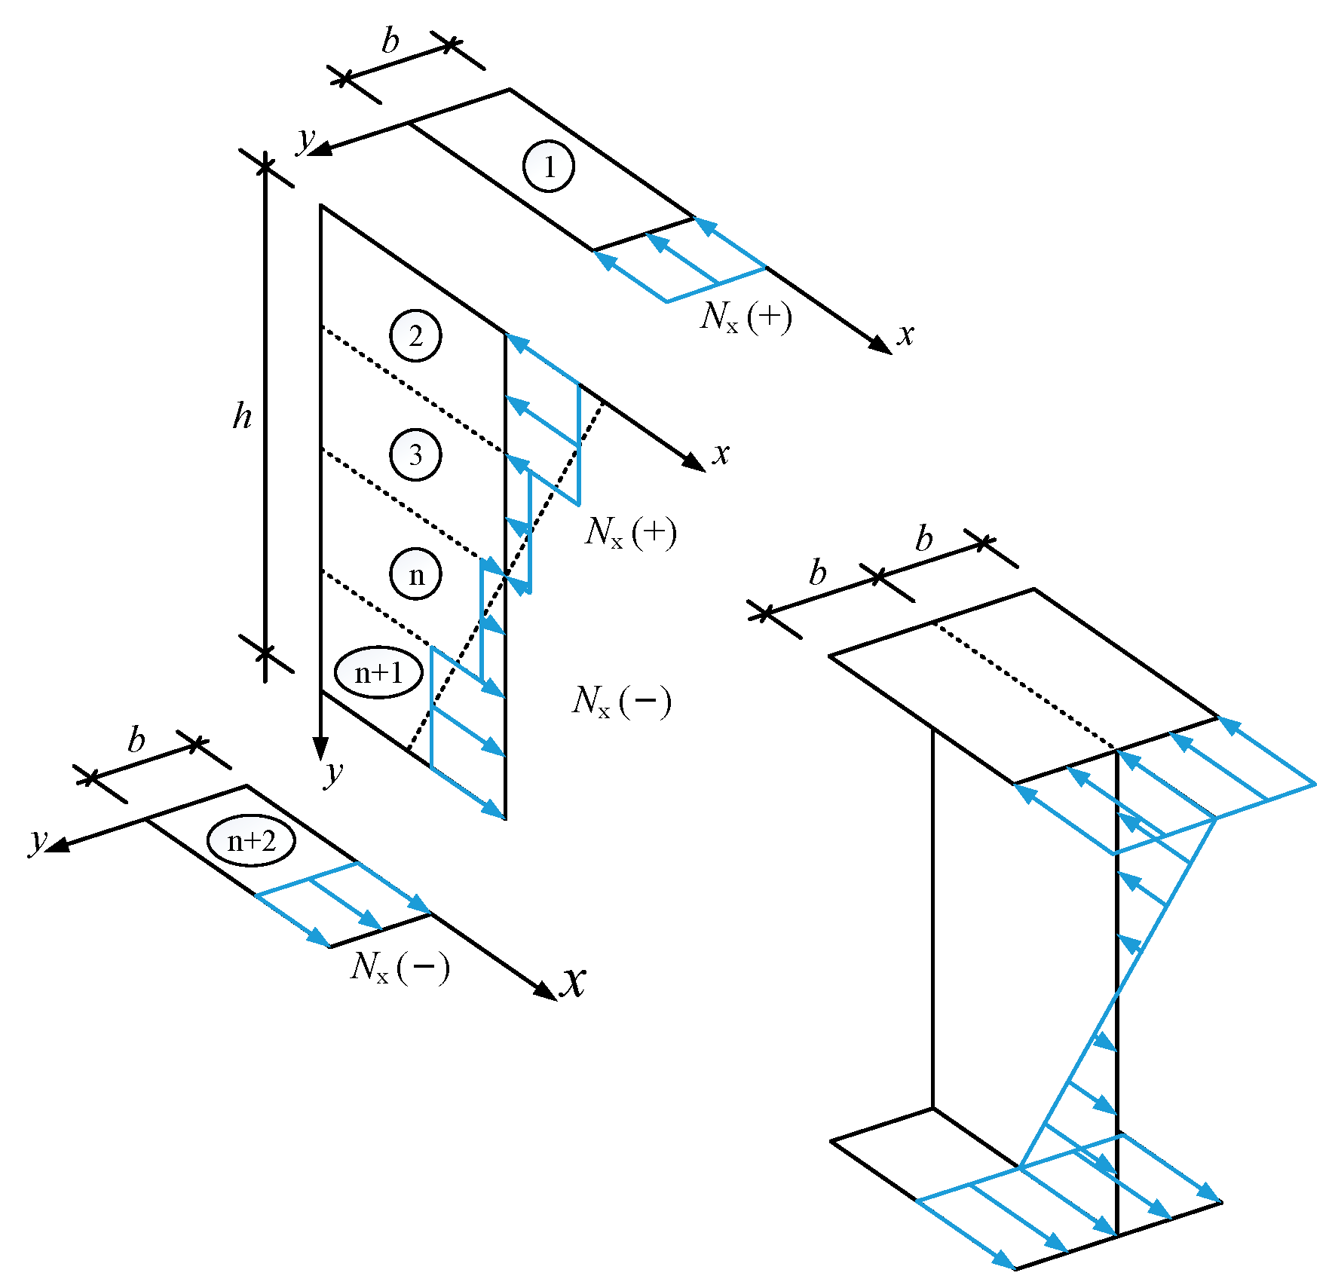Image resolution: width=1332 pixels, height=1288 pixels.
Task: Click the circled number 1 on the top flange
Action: click(549, 166)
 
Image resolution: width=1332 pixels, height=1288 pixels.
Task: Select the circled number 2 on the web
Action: click(415, 336)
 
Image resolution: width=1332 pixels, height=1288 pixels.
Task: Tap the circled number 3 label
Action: click(415, 455)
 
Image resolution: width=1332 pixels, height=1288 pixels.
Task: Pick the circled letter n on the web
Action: click(415, 575)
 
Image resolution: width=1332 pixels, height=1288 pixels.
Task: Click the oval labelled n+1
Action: click(378, 672)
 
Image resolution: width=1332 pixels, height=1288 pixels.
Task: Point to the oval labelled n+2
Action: click(251, 840)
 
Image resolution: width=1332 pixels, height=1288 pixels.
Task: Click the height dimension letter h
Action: click(242, 415)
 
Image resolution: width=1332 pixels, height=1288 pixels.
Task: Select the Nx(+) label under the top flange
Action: click(746, 317)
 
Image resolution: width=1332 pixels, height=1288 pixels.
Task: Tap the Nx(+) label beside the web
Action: click(630, 533)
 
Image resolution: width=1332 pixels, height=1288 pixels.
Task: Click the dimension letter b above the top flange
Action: click(390, 41)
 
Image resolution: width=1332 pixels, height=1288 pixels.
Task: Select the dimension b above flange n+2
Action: click(136, 740)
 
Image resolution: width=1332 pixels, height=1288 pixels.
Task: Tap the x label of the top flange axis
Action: click(905, 334)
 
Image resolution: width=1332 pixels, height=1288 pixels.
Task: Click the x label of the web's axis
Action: click(721, 453)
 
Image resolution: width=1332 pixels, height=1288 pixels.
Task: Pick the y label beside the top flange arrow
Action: click(306, 139)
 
